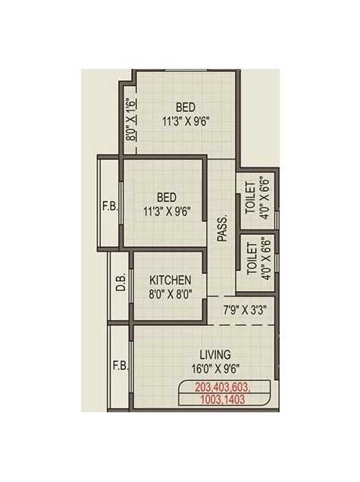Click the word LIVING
(x=215, y=354)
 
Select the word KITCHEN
(x=170, y=280)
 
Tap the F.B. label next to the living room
(x=120, y=365)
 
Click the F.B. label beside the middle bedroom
(x=110, y=205)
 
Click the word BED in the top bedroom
(x=186, y=106)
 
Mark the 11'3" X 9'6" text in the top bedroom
(x=186, y=120)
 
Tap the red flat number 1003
(x=208, y=399)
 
